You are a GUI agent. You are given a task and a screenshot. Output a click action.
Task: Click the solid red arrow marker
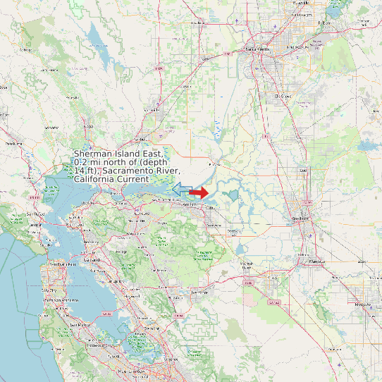tap(199, 192)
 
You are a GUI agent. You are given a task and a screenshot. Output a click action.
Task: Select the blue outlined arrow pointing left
tap(181, 189)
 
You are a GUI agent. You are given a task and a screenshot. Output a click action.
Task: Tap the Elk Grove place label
tap(283, 95)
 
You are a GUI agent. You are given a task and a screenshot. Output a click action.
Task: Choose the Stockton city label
tap(300, 218)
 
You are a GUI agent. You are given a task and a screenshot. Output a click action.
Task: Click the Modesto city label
tap(362, 303)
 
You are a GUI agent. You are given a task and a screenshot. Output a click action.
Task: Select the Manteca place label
tap(317, 261)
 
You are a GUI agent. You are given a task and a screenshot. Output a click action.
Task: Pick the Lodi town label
tap(304, 171)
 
